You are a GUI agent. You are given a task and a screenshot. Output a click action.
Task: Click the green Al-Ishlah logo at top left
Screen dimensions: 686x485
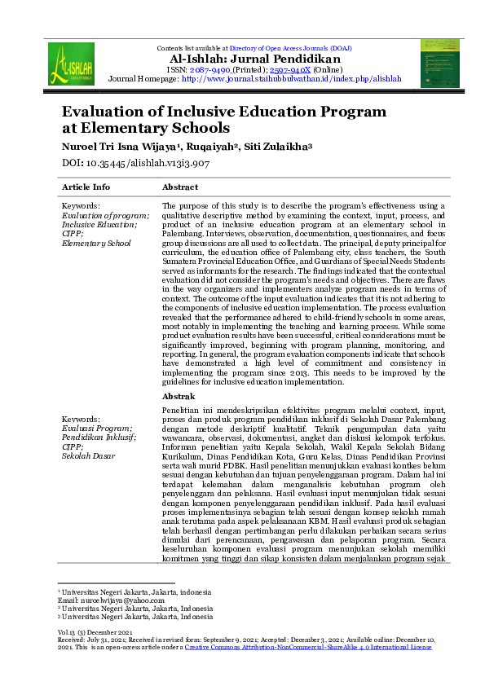coord(71,64)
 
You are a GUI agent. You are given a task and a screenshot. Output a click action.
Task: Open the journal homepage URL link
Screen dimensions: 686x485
coord(292,80)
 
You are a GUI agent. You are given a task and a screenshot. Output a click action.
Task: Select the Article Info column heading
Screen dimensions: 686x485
coord(86,187)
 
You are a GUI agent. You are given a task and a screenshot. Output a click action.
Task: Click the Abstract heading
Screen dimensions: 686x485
coord(180,187)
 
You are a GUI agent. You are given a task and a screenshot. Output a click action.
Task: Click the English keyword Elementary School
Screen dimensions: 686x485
coord(96,243)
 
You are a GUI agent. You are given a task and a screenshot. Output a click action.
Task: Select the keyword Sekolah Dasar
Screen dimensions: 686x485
coord(88,457)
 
